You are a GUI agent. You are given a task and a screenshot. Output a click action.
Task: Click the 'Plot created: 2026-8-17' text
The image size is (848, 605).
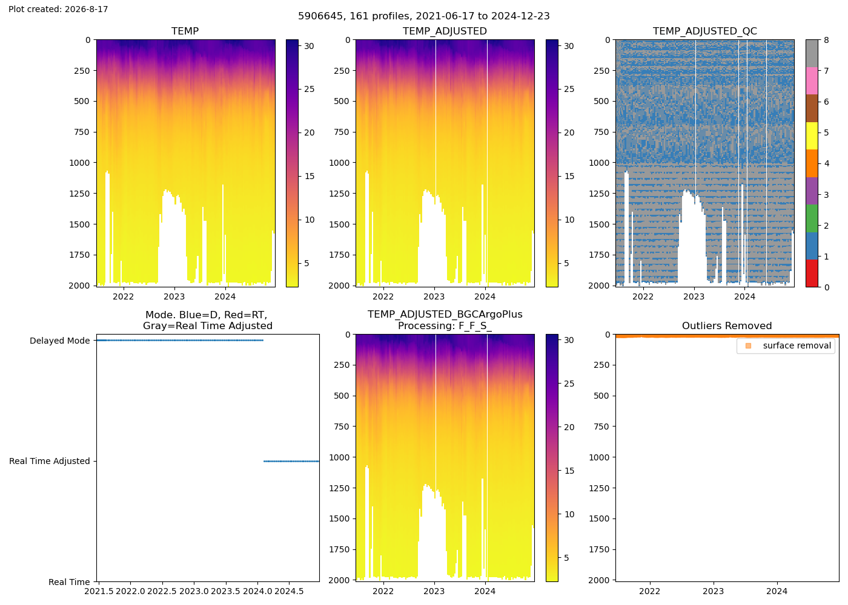pyautogui.click(x=58, y=9)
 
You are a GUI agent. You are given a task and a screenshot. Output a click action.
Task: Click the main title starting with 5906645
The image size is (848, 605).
pyautogui.click(x=423, y=16)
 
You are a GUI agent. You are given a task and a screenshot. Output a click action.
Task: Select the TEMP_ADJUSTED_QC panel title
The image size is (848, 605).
pyautogui.click(x=704, y=31)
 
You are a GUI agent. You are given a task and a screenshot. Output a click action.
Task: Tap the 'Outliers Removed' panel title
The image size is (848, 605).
pyautogui.click(x=726, y=325)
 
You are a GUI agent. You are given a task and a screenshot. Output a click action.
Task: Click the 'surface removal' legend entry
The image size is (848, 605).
pyautogui.click(x=797, y=345)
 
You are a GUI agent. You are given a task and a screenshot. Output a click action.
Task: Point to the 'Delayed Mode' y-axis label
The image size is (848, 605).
pyautogui.click(x=60, y=341)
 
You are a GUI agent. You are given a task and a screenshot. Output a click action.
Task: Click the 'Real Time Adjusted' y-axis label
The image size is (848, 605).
pyautogui.click(x=50, y=461)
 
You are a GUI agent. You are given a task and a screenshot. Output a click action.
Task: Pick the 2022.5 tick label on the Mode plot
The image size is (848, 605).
pyautogui.click(x=162, y=592)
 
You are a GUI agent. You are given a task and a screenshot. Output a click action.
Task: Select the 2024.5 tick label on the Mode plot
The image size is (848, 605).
pyautogui.click(x=290, y=592)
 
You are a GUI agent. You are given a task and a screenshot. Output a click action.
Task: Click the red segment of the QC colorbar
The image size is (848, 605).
pyautogui.click(x=812, y=273)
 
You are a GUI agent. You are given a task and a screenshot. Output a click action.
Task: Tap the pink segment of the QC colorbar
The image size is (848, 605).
pyautogui.click(x=812, y=81)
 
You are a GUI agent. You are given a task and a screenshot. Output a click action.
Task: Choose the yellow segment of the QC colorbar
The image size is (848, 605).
pyautogui.click(x=812, y=136)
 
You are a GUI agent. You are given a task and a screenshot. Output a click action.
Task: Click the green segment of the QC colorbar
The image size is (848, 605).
pyautogui.click(x=812, y=218)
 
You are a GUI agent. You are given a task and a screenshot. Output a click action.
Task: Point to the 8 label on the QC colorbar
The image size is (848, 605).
pyautogui.click(x=826, y=40)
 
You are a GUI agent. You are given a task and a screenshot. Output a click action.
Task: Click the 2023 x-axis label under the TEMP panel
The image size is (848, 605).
pyautogui.click(x=174, y=297)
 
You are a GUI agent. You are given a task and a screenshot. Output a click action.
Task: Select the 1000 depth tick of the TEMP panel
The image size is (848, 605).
pyautogui.click(x=79, y=163)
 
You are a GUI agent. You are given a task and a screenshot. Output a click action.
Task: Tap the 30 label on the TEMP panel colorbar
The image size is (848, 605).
pyautogui.click(x=309, y=46)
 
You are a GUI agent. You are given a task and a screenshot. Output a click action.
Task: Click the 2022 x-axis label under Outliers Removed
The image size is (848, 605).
pyautogui.click(x=649, y=592)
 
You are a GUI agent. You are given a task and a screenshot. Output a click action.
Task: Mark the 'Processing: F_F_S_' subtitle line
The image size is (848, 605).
pyautogui.click(x=445, y=326)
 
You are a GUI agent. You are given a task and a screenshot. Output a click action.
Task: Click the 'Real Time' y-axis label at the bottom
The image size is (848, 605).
pyautogui.click(x=69, y=582)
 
